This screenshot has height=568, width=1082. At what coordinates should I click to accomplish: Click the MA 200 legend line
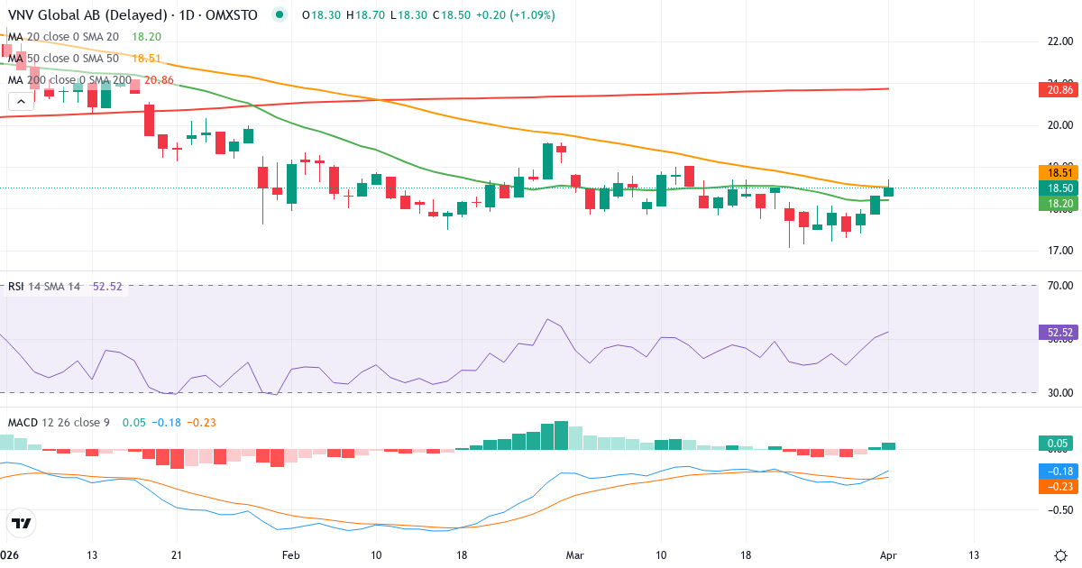click(x=76, y=79)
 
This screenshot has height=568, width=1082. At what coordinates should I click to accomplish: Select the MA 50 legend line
click(x=72, y=58)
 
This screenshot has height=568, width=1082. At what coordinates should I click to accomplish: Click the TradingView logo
click(x=21, y=523)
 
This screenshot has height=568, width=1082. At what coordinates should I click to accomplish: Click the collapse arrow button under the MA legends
click(x=21, y=101)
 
